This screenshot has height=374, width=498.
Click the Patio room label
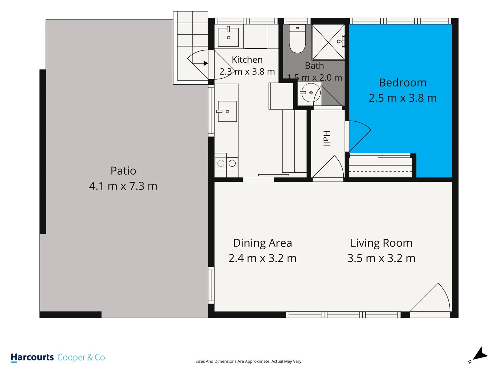(123, 171)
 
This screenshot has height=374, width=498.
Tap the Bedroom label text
(402, 83)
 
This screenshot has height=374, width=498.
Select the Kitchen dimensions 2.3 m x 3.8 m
(247, 72)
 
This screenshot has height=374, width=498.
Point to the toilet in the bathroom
(297, 39)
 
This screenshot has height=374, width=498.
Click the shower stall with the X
(328, 42)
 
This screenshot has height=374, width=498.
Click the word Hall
(326, 138)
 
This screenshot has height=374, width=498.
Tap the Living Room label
(381, 243)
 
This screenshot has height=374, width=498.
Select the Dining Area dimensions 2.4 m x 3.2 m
(262, 258)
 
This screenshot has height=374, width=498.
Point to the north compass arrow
(481, 354)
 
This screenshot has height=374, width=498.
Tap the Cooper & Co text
(81, 357)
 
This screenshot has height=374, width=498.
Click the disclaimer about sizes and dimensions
(249, 361)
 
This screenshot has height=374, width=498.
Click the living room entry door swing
(430, 297)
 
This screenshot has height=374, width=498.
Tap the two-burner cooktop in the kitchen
(226, 163)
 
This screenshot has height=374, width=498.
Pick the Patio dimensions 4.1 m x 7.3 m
(123, 186)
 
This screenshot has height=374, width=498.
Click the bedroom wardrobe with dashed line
(380, 166)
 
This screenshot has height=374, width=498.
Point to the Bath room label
(314, 66)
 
